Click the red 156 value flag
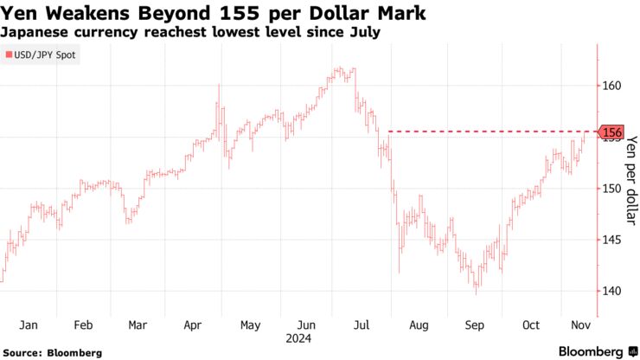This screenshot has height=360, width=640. [611, 132]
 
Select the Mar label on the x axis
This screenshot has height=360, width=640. [138, 325]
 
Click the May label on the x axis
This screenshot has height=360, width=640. [249, 325]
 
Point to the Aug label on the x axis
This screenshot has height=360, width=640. [418, 325]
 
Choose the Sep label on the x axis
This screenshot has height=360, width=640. [475, 325]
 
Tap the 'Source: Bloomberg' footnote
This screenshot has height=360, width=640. [53, 352]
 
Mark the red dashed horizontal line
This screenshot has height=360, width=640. [484, 132]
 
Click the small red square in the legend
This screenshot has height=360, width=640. [9, 55]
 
